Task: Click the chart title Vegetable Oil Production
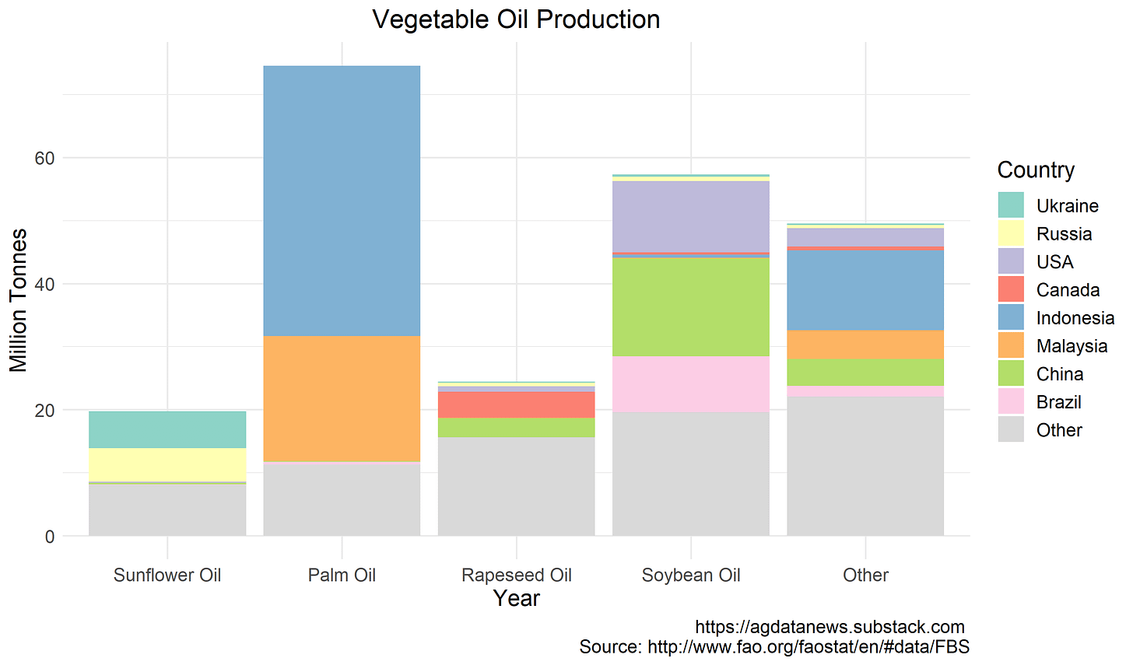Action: click(x=516, y=19)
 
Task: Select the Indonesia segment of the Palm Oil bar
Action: click(x=342, y=201)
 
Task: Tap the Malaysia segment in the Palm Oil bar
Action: click(x=342, y=398)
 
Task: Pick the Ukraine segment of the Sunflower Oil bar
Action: click(x=167, y=429)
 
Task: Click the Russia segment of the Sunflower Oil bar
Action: click(x=167, y=464)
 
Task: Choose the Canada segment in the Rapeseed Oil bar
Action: click(x=516, y=404)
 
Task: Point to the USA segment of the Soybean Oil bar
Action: click(x=690, y=216)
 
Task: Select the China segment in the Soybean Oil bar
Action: click(x=690, y=306)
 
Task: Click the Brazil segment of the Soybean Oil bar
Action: click(x=690, y=383)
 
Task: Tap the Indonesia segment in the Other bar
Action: click(x=865, y=289)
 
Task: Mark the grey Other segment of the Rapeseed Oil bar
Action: click(x=516, y=486)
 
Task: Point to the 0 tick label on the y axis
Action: click(x=50, y=536)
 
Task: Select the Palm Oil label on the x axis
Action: click(x=342, y=575)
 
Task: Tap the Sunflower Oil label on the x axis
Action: click(x=167, y=575)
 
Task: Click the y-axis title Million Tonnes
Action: click(x=18, y=300)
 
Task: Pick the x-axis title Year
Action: click(x=516, y=598)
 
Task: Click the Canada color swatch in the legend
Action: click(x=1011, y=290)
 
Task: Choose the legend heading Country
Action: click(x=1036, y=170)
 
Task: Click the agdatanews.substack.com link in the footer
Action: click(x=830, y=627)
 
